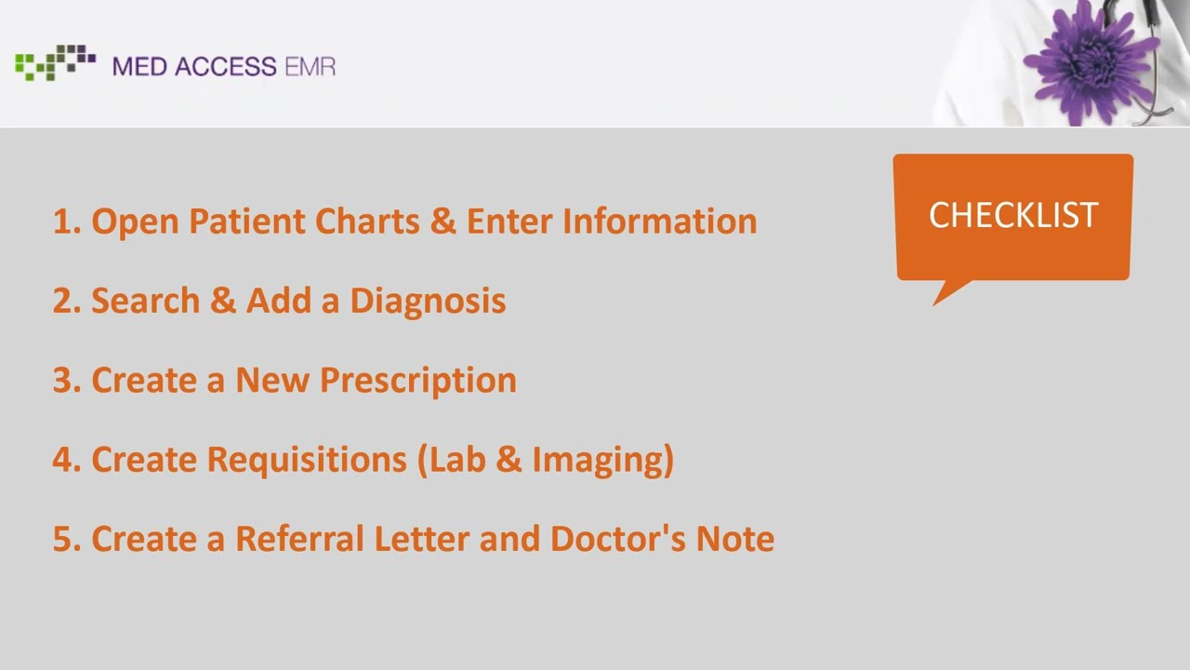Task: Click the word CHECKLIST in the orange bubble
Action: coord(1013,215)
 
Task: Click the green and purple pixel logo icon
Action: coord(55,61)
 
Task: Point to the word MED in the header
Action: coord(139,66)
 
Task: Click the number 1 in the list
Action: coord(62,221)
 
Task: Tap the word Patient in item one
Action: coord(246,221)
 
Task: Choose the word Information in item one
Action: coord(659,221)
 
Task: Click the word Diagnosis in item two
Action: coord(428,301)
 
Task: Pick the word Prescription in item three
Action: coord(417,380)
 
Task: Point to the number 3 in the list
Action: coord(62,381)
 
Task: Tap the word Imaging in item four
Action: coord(611,460)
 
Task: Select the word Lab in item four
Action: coord(455,459)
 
